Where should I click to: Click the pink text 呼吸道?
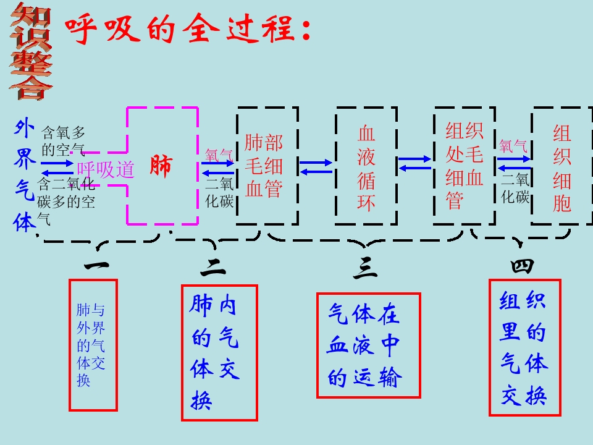tap(105, 169)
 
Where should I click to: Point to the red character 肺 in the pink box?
tap(160, 167)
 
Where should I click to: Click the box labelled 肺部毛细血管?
tap(266, 166)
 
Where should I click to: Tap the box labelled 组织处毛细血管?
tap(464, 166)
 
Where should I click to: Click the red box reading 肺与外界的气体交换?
tap(93, 345)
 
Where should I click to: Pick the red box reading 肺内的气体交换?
tap(219, 352)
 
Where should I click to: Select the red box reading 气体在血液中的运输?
tap(368, 345)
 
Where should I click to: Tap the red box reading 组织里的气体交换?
tap(524, 347)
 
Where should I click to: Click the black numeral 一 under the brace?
tap(97, 266)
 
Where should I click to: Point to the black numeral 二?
tap(213, 267)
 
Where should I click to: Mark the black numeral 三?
tap(366, 268)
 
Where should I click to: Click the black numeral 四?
tap(522, 266)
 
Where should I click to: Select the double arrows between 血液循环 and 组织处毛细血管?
tap(415, 163)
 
